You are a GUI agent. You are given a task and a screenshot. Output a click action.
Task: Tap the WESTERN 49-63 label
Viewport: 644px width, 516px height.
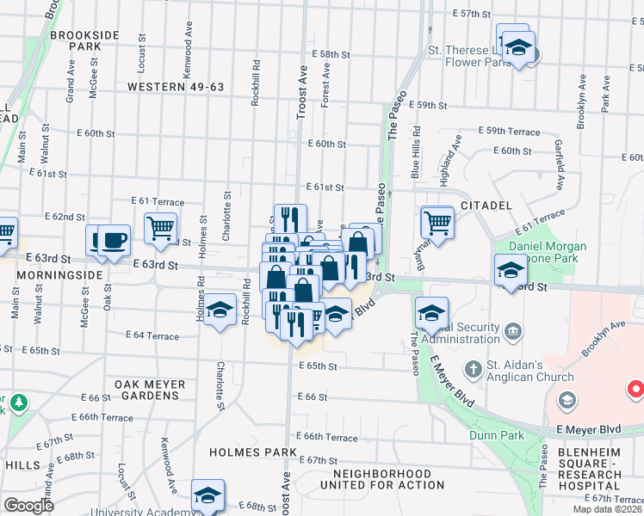176,87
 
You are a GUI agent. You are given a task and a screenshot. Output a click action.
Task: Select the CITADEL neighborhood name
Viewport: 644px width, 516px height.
486,206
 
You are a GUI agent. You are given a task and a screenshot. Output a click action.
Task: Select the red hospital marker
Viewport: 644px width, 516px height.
638,389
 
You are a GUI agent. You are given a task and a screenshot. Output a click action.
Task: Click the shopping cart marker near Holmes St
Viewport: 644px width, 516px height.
160,229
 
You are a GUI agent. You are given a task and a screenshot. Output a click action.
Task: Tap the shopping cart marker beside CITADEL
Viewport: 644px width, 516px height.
437,223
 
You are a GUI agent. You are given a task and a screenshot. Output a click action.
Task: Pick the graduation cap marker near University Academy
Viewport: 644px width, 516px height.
207,495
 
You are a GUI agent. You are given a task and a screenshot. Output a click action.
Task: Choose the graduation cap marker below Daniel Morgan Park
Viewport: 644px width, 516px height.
511,271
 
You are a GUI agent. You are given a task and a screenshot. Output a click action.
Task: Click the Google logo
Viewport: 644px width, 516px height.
28,506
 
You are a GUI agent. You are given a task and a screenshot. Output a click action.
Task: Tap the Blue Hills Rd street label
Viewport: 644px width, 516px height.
416,152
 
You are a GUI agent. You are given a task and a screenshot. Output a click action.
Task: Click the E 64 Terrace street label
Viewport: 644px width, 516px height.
152,335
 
